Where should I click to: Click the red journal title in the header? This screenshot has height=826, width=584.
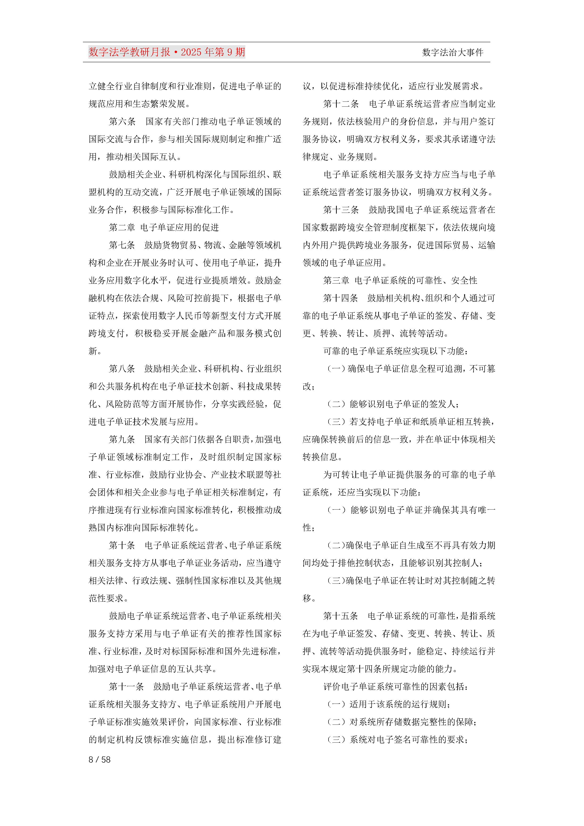(x=166, y=52)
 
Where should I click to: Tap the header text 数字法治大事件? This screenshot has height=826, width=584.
(x=452, y=53)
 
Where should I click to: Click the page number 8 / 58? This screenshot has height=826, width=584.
(x=100, y=759)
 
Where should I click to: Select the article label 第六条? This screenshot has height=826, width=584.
(x=122, y=121)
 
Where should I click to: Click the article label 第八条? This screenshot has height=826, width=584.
(x=122, y=369)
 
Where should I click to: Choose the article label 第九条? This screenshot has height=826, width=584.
(x=122, y=439)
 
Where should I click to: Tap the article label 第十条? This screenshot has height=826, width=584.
(x=122, y=545)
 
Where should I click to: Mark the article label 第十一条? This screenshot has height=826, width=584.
(x=126, y=686)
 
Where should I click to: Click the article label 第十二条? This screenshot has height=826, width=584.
(x=341, y=104)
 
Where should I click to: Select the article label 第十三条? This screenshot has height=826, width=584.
(x=341, y=210)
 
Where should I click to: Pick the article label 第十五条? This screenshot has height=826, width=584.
(x=341, y=616)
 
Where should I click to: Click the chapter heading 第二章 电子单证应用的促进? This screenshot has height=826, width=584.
(x=164, y=228)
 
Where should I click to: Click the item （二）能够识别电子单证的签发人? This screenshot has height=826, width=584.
(x=393, y=404)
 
